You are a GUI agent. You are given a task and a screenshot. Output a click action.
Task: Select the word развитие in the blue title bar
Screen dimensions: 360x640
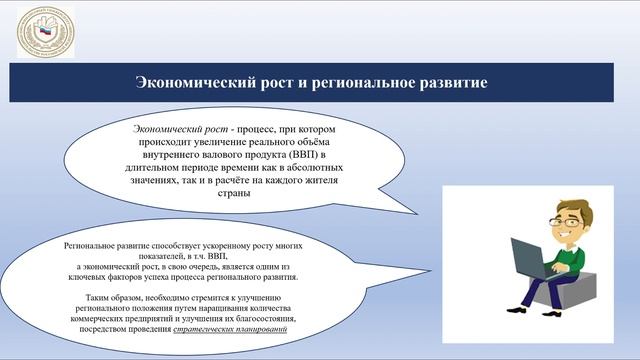coord(453,83)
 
